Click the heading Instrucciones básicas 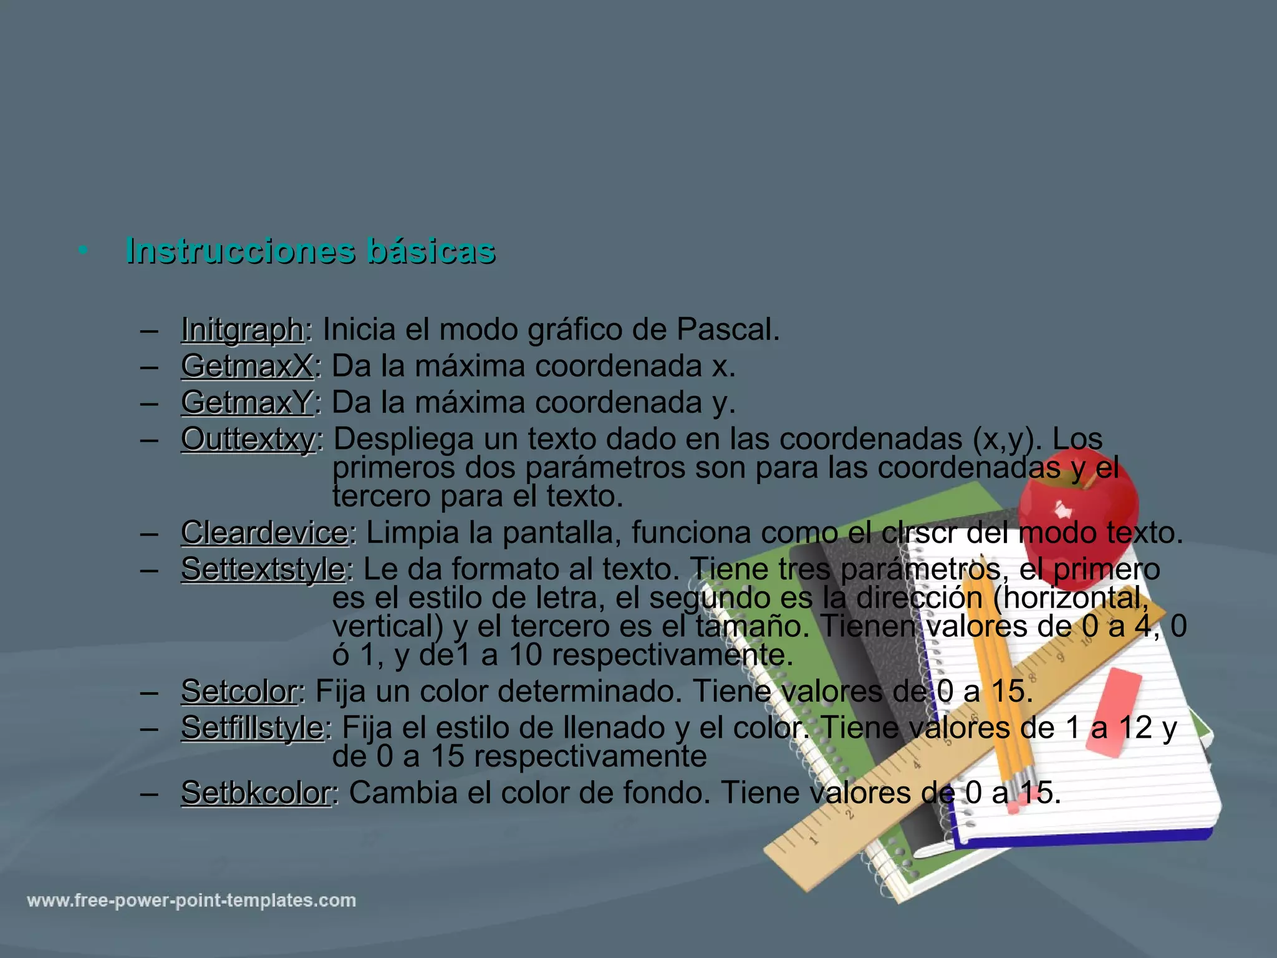pyautogui.click(x=311, y=251)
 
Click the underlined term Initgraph pyautogui.click(x=242, y=329)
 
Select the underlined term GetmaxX pyautogui.click(x=247, y=365)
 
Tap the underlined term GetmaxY pyautogui.click(x=247, y=402)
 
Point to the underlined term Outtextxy pyautogui.click(x=248, y=439)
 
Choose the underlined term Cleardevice pyautogui.click(x=264, y=533)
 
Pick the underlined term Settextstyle pyautogui.click(x=263, y=569)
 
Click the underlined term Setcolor pyautogui.click(x=239, y=691)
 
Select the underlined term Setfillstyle pyautogui.click(x=252, y=727)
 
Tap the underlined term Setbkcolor pyautogui.click(x=256, y=793)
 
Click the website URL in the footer pyautogui.click(x=191, y=901)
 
